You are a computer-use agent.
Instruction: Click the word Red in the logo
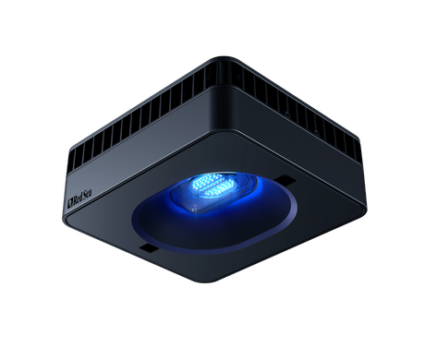(78, 198)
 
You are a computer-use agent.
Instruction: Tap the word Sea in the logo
(87, 196)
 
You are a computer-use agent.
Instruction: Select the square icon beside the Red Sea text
(69, 202)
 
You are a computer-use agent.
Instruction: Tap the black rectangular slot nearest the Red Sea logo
(150, 248)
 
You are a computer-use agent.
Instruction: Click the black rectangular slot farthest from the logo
(285, 181)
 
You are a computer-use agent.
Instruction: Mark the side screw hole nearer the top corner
(287, 114)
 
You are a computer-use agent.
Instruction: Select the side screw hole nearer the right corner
(316, 133)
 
